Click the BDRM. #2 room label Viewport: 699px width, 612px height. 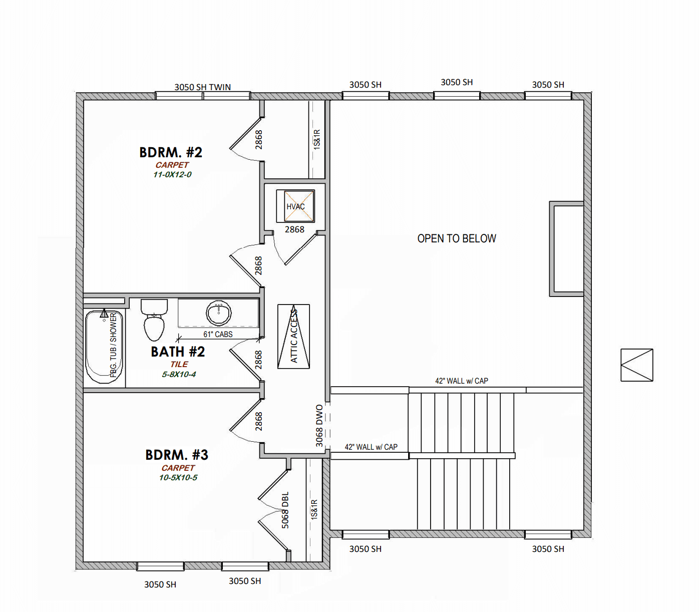point(171,152)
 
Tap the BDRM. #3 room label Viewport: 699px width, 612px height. point(177,455)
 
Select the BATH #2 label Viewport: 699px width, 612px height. point(178,352)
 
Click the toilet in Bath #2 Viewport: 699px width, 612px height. point(154,320)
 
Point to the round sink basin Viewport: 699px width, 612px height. point(219,313)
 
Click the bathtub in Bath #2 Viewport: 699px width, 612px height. point(104,347)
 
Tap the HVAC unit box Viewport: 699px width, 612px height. point(295,206)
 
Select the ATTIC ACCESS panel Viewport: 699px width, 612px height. point(294,337)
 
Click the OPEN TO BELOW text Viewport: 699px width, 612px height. point(457,238)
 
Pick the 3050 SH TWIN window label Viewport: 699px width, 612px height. point(203,87)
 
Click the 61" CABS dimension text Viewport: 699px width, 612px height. point(218,334)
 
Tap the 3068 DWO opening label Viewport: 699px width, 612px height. point(319,426)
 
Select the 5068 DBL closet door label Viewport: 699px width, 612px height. point(285,510)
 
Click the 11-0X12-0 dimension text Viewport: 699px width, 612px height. point(172,175)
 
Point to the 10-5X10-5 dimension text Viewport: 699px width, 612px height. point(178,478)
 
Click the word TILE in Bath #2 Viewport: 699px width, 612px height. point(179,365)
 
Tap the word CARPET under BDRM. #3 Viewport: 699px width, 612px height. point(178,468)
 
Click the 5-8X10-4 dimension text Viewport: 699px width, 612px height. point(179,375)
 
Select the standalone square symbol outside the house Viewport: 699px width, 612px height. point(637,365)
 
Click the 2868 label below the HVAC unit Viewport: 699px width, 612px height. point(294,230)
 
